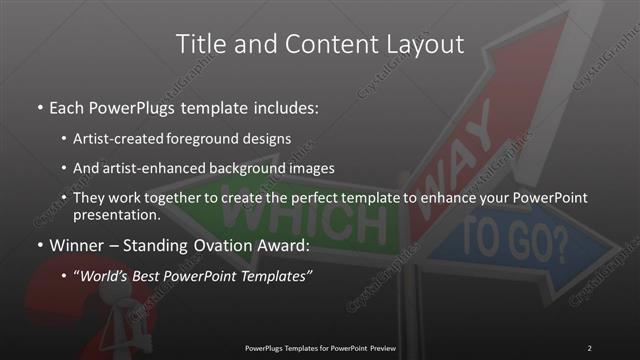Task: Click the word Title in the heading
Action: [200, 44]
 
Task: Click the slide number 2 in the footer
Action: [589, 347]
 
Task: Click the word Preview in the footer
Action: [380, 347]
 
